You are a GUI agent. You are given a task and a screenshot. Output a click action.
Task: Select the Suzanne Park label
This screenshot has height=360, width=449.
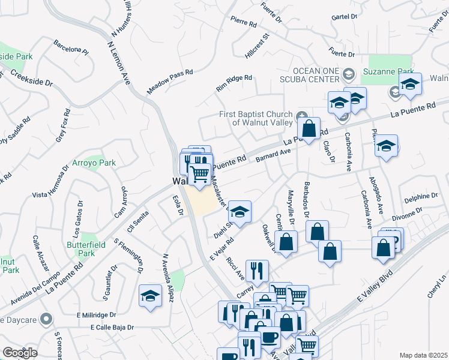pyautogui.click(x=387, y=71)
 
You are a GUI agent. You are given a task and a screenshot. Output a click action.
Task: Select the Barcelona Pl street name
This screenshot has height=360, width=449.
pyautogui.click(x=70, y=47)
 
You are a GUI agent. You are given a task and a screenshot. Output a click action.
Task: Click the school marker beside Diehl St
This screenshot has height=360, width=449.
pyautogui.click(x=240, y=212)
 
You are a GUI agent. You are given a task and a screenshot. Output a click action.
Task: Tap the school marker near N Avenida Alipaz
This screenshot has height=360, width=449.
pyautogui.click(x=151, y=295)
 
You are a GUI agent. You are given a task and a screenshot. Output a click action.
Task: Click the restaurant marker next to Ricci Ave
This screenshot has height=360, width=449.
pyautogui.click(x=258, y=271)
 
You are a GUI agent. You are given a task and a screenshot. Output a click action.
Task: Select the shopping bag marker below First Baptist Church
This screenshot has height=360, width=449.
pyautogui.click(x=309, y=128)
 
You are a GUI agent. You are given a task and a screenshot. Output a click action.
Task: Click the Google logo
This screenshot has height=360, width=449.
pyautogui.click(x=20, y=353)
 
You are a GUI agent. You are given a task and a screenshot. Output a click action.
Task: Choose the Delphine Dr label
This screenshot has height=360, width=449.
pyautogui.click(x=421, y=196)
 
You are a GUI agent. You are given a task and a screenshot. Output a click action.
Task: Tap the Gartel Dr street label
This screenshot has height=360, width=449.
pyautogui.click(x=344, y=17)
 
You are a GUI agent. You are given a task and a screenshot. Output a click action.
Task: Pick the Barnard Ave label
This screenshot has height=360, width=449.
pyautogui.click(x=273, y=157)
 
